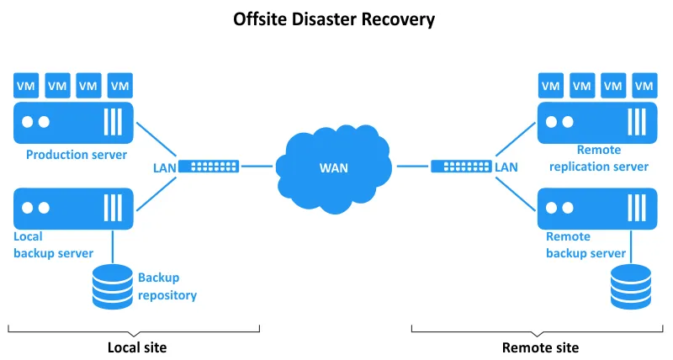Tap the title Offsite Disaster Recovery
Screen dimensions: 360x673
(x=334, y=19)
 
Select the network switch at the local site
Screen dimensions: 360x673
(x=208, y=167)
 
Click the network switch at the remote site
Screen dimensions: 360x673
(x=462, y=167)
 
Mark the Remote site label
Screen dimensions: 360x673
(x=540, y=347)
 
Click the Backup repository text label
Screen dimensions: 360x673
(x=167, y=286)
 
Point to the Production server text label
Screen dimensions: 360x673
(x=77, y=155)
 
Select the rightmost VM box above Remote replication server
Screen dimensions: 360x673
(x=644, y=85)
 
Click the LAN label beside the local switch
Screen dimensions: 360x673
(x=164, y=167)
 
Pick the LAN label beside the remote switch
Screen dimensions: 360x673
(x=507, y=167)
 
